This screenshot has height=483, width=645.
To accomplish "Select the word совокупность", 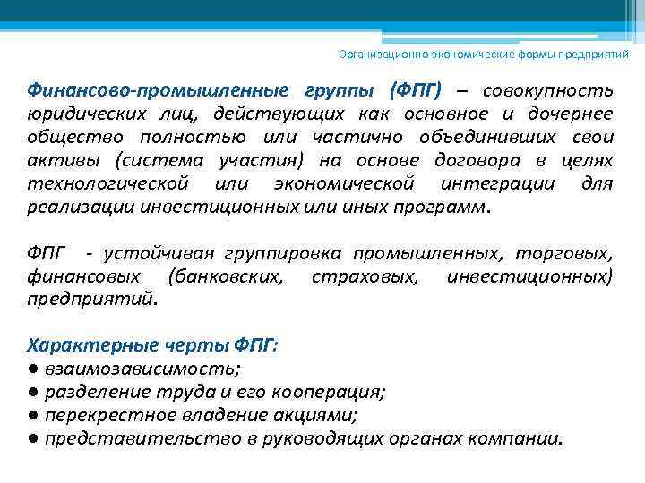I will tap(547, 92).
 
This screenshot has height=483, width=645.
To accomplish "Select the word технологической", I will tap(108, 184).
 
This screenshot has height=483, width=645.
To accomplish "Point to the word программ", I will tap(440, 207).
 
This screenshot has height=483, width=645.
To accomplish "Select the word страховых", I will tap(365, 275).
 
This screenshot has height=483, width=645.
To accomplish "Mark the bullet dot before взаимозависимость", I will tap(32, 369).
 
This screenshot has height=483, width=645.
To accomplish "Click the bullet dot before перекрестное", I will tap(32, 415).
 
